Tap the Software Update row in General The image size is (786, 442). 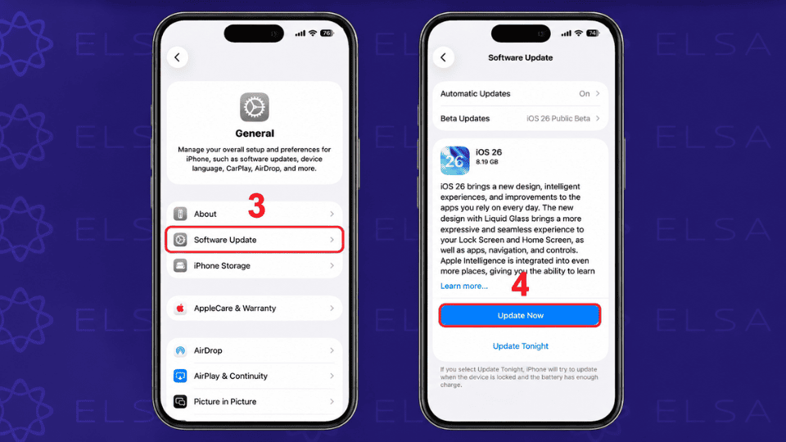pos(254,240)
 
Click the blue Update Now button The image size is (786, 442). pos(520,315)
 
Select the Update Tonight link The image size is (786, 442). pos(521,345)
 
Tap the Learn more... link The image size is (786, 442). pos(463,286)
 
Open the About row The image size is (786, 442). pos(254,214)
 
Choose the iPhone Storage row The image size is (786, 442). pos(254,265)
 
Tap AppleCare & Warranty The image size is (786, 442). pos(254,309)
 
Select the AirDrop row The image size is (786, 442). pos(254,350)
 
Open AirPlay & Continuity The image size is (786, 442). pos(254,376)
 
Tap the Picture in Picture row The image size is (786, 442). pos(254,401)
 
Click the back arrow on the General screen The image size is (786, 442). pos(178,57)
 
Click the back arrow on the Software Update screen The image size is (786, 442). pos(444,57)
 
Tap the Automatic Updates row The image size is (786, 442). pos(520,93)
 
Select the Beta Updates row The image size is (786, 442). pos(520,119)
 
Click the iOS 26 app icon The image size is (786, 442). pos(454,160)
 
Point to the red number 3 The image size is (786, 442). pos(256,205)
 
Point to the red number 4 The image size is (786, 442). pos(520,284)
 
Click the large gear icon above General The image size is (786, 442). pos(254,107)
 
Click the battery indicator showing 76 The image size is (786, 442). pos(327,33)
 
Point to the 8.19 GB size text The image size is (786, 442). pos(486,162)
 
